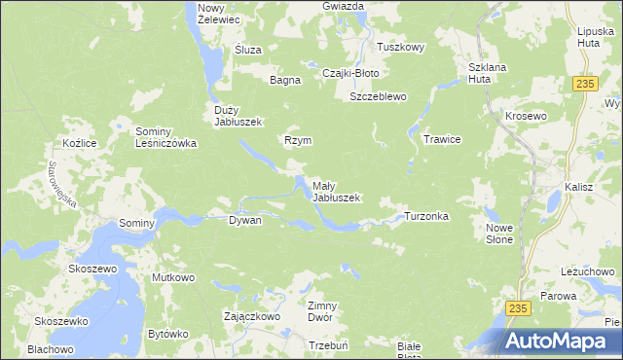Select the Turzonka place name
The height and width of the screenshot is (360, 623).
(x=426, y=216)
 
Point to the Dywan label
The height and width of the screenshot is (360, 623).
(x=244, y=221)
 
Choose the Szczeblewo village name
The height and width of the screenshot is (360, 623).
(x=378, y=97)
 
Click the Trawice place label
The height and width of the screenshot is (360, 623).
(x=441, y=139)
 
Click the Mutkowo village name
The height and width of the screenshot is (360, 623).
(x=173, y=278)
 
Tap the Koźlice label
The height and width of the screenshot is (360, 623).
(x=77, y=143)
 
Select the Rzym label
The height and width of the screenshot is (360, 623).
(x=298, y=140)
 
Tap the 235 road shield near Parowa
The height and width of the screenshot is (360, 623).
(x=519, y=307)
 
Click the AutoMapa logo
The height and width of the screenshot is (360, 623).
(x=560, y=341)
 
